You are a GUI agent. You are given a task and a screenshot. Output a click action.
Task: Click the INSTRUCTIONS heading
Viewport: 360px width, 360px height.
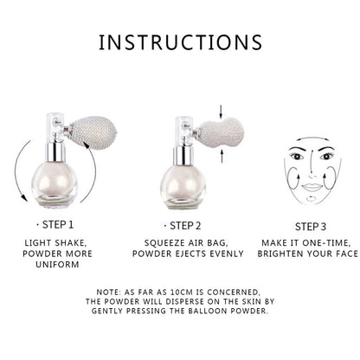point(180,42)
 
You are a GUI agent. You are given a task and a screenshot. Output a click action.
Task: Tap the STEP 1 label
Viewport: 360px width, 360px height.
point(58,225)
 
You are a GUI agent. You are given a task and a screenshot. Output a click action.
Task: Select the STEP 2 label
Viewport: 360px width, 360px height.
point(185,226)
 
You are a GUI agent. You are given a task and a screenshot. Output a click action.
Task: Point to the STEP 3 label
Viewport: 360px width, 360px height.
point(311,227)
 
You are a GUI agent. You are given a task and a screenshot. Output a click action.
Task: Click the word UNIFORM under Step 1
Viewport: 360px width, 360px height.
point(57,265)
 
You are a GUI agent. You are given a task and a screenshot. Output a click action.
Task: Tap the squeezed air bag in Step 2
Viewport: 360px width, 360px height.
point(221,131)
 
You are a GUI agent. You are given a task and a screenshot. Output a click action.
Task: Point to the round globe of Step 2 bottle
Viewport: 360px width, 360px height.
point(183,186)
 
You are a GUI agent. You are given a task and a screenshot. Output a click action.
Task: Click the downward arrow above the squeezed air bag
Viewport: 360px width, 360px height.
point(221,112)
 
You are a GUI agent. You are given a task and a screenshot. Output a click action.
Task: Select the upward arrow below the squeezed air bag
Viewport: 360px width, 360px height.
point(222,156)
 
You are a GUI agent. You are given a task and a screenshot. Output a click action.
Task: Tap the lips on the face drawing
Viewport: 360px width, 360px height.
point(312,187)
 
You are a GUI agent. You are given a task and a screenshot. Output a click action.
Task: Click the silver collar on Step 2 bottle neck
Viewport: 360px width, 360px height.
point(183,156)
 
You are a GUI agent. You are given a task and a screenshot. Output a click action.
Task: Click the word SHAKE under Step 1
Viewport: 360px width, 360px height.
point(71,243)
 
